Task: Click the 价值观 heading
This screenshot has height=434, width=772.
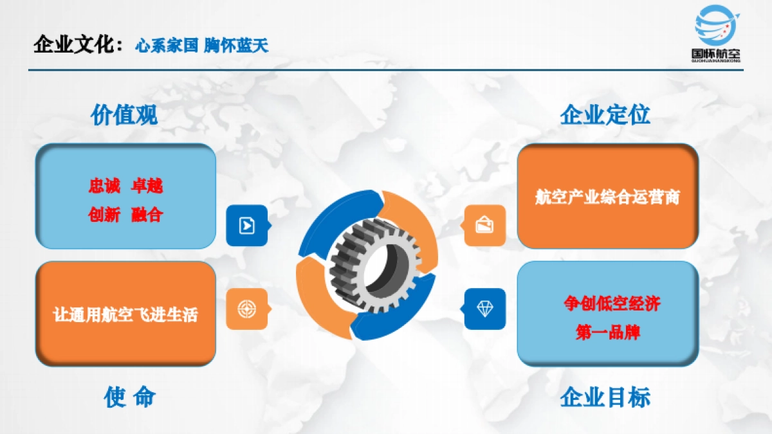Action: click(124, 115)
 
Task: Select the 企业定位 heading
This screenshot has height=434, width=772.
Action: click(605, 115)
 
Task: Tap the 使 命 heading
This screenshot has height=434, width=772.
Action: click(129, 397)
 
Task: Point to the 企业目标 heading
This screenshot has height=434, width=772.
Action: click(605, 397)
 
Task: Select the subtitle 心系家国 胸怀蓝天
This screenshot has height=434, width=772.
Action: click(201, 46)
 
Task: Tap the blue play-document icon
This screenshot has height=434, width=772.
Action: click(246, 225)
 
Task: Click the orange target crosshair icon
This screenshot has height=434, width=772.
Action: click(246, 309)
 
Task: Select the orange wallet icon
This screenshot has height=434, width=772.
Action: click(484, 225)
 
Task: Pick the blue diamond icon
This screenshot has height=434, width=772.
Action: click(484, 309)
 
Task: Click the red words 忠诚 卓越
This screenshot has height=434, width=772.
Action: click(125, 186)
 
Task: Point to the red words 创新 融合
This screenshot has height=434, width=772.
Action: click(125, 215)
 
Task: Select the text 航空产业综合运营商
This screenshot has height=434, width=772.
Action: click(607, 197)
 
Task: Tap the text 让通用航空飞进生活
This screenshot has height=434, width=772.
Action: click(125, 314)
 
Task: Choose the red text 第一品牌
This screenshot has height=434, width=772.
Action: click(608, 333)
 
